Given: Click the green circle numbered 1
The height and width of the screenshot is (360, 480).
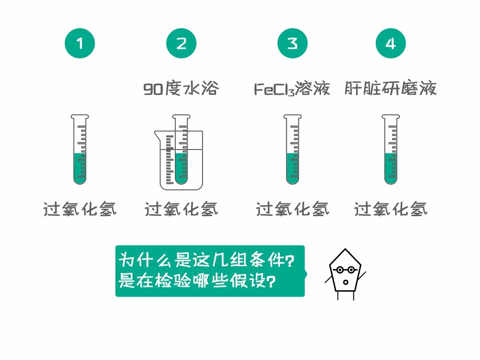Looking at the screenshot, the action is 80,43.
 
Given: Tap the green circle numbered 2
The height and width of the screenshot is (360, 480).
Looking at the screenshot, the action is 181,43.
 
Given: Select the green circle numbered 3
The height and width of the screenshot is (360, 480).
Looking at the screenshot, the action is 292,43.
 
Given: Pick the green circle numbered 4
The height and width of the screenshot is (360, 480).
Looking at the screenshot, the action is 390,43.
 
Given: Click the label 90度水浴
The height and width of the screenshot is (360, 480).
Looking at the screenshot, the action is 181,89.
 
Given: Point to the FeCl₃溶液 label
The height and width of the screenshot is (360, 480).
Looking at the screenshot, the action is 292,89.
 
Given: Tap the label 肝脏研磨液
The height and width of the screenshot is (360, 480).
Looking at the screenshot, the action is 390,89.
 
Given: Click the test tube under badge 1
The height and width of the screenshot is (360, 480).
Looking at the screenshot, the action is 80,150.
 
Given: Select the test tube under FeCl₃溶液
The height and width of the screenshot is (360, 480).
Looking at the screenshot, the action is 292,150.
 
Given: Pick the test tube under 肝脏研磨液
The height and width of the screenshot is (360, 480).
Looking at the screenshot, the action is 391,150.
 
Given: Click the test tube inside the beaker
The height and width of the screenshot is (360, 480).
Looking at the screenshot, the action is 181,150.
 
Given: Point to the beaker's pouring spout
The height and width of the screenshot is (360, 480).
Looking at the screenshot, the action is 157,134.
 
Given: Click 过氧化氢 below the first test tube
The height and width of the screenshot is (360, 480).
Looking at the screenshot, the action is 80,210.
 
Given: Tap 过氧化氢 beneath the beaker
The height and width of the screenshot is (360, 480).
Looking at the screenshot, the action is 181,210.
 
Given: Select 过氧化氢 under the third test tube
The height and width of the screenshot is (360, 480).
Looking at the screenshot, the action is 292,210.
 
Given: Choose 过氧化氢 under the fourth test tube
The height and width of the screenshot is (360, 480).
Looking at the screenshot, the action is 390,210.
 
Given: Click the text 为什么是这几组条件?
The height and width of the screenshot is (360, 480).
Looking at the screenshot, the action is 206,260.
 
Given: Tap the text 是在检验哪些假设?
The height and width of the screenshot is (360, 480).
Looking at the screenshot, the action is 197,280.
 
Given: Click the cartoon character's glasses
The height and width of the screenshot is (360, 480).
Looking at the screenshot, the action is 345,270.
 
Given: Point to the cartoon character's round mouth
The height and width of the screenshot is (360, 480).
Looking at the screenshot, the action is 345,282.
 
